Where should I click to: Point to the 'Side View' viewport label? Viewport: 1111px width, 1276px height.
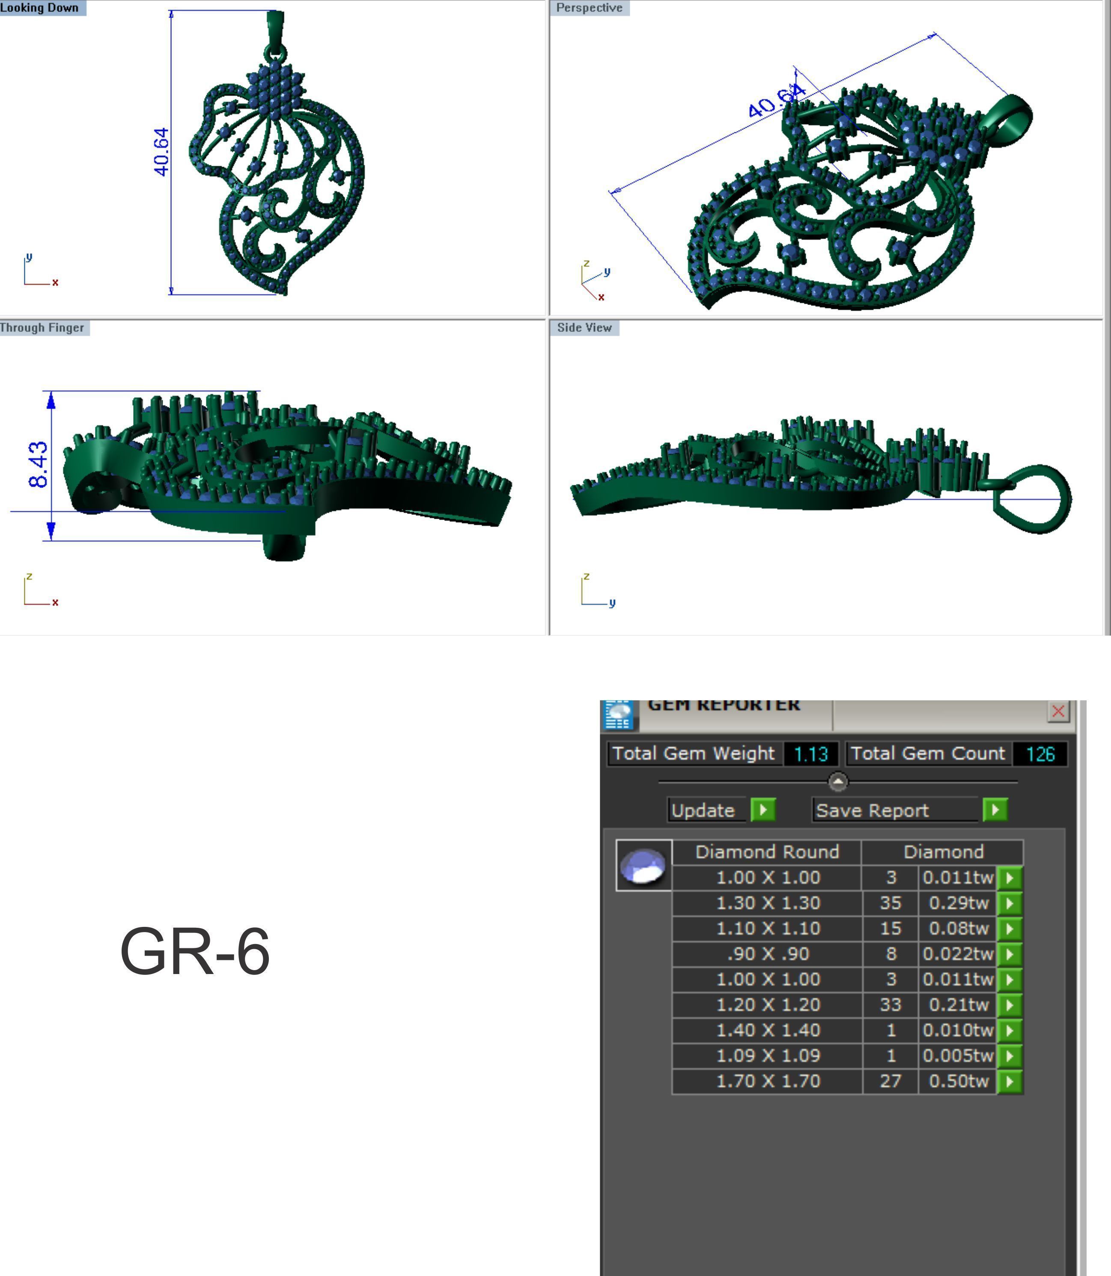point(584,328)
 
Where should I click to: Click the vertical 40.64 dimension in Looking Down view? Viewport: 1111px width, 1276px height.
point(161,152)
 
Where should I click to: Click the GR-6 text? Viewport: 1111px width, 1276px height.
point(195,951)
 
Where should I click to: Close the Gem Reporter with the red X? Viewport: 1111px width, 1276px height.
point(1057,711)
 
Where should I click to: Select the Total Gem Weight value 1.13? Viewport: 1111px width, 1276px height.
point(810,754)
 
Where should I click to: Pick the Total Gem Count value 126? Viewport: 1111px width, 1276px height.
point(1040,754)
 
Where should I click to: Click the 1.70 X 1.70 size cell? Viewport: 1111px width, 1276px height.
point(768,1081)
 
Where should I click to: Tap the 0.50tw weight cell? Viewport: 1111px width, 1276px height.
point(958,1081)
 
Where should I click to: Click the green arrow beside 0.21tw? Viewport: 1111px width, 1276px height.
point(1010,1005)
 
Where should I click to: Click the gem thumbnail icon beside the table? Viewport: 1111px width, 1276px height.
point(643,865)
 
